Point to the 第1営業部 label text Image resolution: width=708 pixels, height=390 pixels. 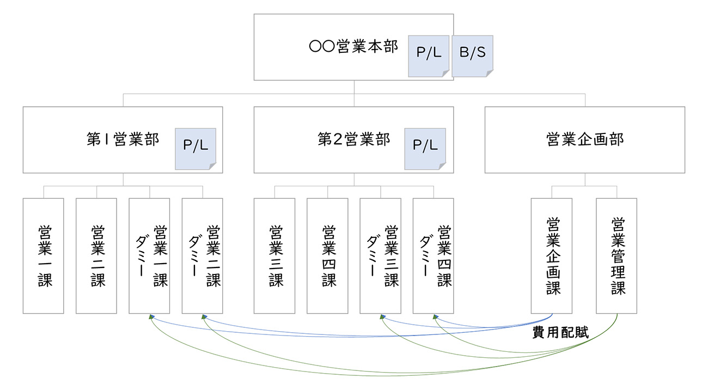coord(123,139)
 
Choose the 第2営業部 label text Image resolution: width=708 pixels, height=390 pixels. coord(354,139)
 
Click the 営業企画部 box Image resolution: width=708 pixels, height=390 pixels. coord(584,139)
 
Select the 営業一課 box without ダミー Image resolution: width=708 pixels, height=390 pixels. coord(44,255)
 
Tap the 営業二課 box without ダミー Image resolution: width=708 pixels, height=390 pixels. coord(96,255)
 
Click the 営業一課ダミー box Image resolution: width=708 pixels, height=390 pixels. coord(149,255)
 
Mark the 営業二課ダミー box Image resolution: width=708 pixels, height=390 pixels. coord(202,255)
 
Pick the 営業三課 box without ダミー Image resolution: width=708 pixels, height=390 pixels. coord(274,255)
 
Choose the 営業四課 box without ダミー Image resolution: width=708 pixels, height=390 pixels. coord(327,255)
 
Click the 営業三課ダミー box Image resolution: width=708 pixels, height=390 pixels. coord(380,255)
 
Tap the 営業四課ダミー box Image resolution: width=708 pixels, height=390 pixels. coord(433,255)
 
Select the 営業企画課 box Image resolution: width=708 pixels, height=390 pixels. coord(552,255)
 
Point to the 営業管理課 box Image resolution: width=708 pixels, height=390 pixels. coord(617,255)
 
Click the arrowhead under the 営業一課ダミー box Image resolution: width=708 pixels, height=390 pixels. coord(150,317)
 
